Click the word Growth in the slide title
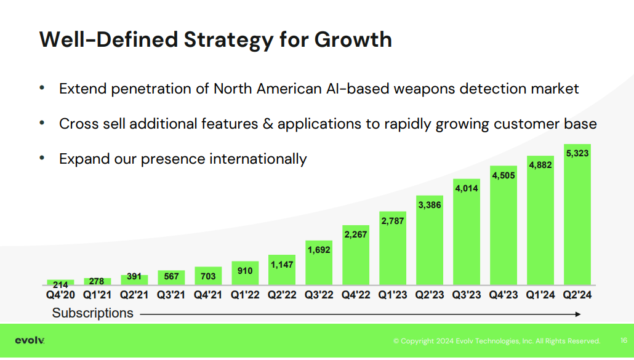pos(353,39)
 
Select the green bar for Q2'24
pos(577,222)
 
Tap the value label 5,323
pos(577,153)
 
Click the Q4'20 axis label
pos(60,295)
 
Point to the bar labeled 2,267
pos(355,258)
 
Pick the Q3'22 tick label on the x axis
pos(319,295)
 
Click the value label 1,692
pos(319,250)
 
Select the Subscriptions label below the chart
pos(92,313)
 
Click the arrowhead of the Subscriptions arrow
pos(577,314)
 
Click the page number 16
pos(624,341)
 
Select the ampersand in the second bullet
pos(268,124)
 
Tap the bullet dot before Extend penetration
pos(42,89)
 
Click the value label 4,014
pos(467,188)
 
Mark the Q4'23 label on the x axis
pos(504,295)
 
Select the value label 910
pos(245,270)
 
